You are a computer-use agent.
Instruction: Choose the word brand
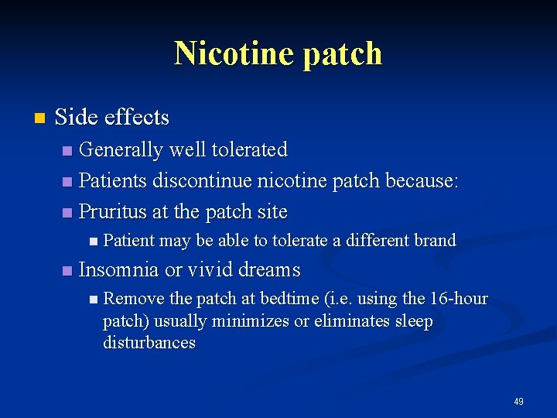435,241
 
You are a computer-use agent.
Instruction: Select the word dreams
269,270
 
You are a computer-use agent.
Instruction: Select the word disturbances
149,342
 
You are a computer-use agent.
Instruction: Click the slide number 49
518,402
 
